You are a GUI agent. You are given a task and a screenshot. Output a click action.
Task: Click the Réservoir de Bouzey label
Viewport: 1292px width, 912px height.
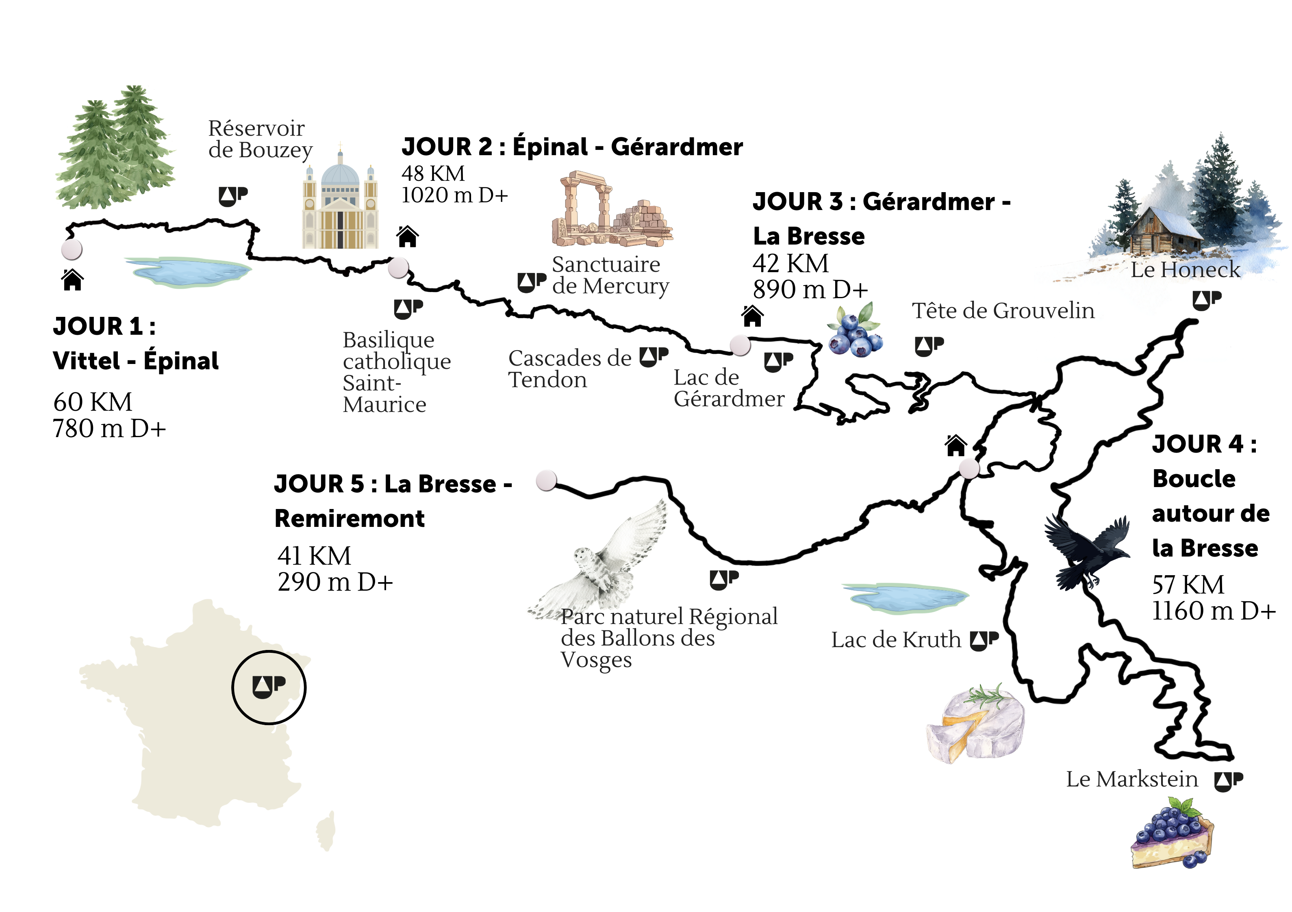[260, 139]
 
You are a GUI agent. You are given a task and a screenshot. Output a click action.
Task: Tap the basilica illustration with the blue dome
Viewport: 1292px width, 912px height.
[340, 203]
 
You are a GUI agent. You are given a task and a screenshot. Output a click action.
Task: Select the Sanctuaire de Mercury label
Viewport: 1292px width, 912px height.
[610, 275]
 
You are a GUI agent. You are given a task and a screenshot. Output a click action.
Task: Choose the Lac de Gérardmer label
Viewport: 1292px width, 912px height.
[728, 388]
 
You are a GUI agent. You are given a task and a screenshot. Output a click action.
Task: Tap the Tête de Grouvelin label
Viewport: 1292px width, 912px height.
[1003, 310]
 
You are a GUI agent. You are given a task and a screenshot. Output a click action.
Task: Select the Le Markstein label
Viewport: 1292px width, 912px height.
[1131, 779]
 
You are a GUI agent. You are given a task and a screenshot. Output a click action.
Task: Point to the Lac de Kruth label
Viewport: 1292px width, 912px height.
[896, 640]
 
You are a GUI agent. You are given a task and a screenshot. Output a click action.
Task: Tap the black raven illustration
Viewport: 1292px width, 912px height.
[1086, 551]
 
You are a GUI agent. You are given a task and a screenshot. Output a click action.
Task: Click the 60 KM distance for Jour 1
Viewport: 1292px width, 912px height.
[93, 402]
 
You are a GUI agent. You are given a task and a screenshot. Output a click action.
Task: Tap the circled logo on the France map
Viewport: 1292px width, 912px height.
[269, 687]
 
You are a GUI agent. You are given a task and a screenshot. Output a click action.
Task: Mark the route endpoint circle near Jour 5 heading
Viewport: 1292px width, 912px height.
[546, 481]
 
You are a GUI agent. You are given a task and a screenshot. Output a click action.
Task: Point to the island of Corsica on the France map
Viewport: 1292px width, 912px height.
[327, 831]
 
